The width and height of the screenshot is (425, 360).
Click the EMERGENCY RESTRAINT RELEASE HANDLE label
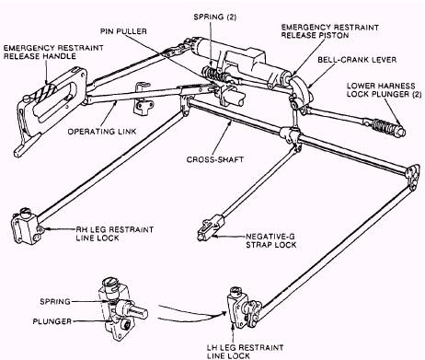[53, 52]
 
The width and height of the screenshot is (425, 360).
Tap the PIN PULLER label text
[123, 31]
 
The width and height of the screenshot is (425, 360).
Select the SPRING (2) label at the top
[215, 17]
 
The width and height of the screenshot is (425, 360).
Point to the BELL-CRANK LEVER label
[357, 60]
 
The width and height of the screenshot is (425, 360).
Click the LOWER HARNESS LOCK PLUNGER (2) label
[384, 90]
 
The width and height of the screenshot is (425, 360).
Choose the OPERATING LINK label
[102, 132]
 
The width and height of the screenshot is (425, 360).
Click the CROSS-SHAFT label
[215, 159]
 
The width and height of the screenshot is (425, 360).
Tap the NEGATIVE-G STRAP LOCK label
[271, 241]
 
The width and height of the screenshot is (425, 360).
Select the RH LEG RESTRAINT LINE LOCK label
[115, 234]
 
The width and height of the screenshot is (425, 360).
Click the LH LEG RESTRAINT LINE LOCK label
[245, 352]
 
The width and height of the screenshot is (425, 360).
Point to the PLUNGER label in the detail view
[52, 321]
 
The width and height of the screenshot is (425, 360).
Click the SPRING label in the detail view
[55, 302]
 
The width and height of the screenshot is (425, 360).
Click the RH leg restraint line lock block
[24, 227]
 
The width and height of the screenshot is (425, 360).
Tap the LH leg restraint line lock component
[243, 306]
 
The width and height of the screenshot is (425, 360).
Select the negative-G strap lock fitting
[211, 228]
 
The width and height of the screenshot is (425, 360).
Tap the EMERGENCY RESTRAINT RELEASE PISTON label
[330, 31]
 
